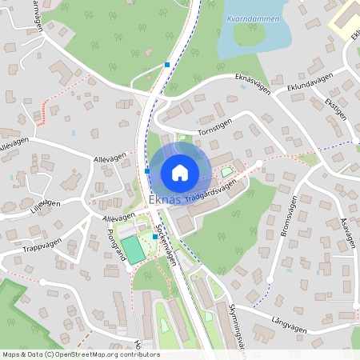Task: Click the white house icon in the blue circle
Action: [179, 172]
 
